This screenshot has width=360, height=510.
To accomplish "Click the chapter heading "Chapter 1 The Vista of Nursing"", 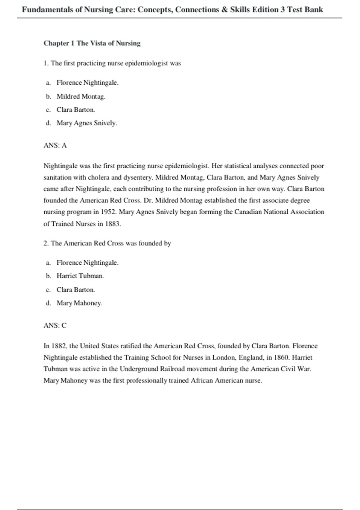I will pos(92,43).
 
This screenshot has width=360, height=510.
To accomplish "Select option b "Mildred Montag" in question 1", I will pos(81,96).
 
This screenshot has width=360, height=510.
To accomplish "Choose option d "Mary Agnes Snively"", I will pos(86,123).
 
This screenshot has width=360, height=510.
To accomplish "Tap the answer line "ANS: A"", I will pos(55,145).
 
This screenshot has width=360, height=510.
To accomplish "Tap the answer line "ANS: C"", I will pos(55,325).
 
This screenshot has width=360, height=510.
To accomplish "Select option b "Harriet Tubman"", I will pos(80,276).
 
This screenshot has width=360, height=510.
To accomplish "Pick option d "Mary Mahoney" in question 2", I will pos(79,303).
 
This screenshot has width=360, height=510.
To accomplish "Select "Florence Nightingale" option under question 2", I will pos(87,263).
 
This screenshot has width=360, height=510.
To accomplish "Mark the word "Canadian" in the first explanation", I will pos(248,212).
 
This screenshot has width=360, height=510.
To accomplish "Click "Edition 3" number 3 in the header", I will pos(283,10).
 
